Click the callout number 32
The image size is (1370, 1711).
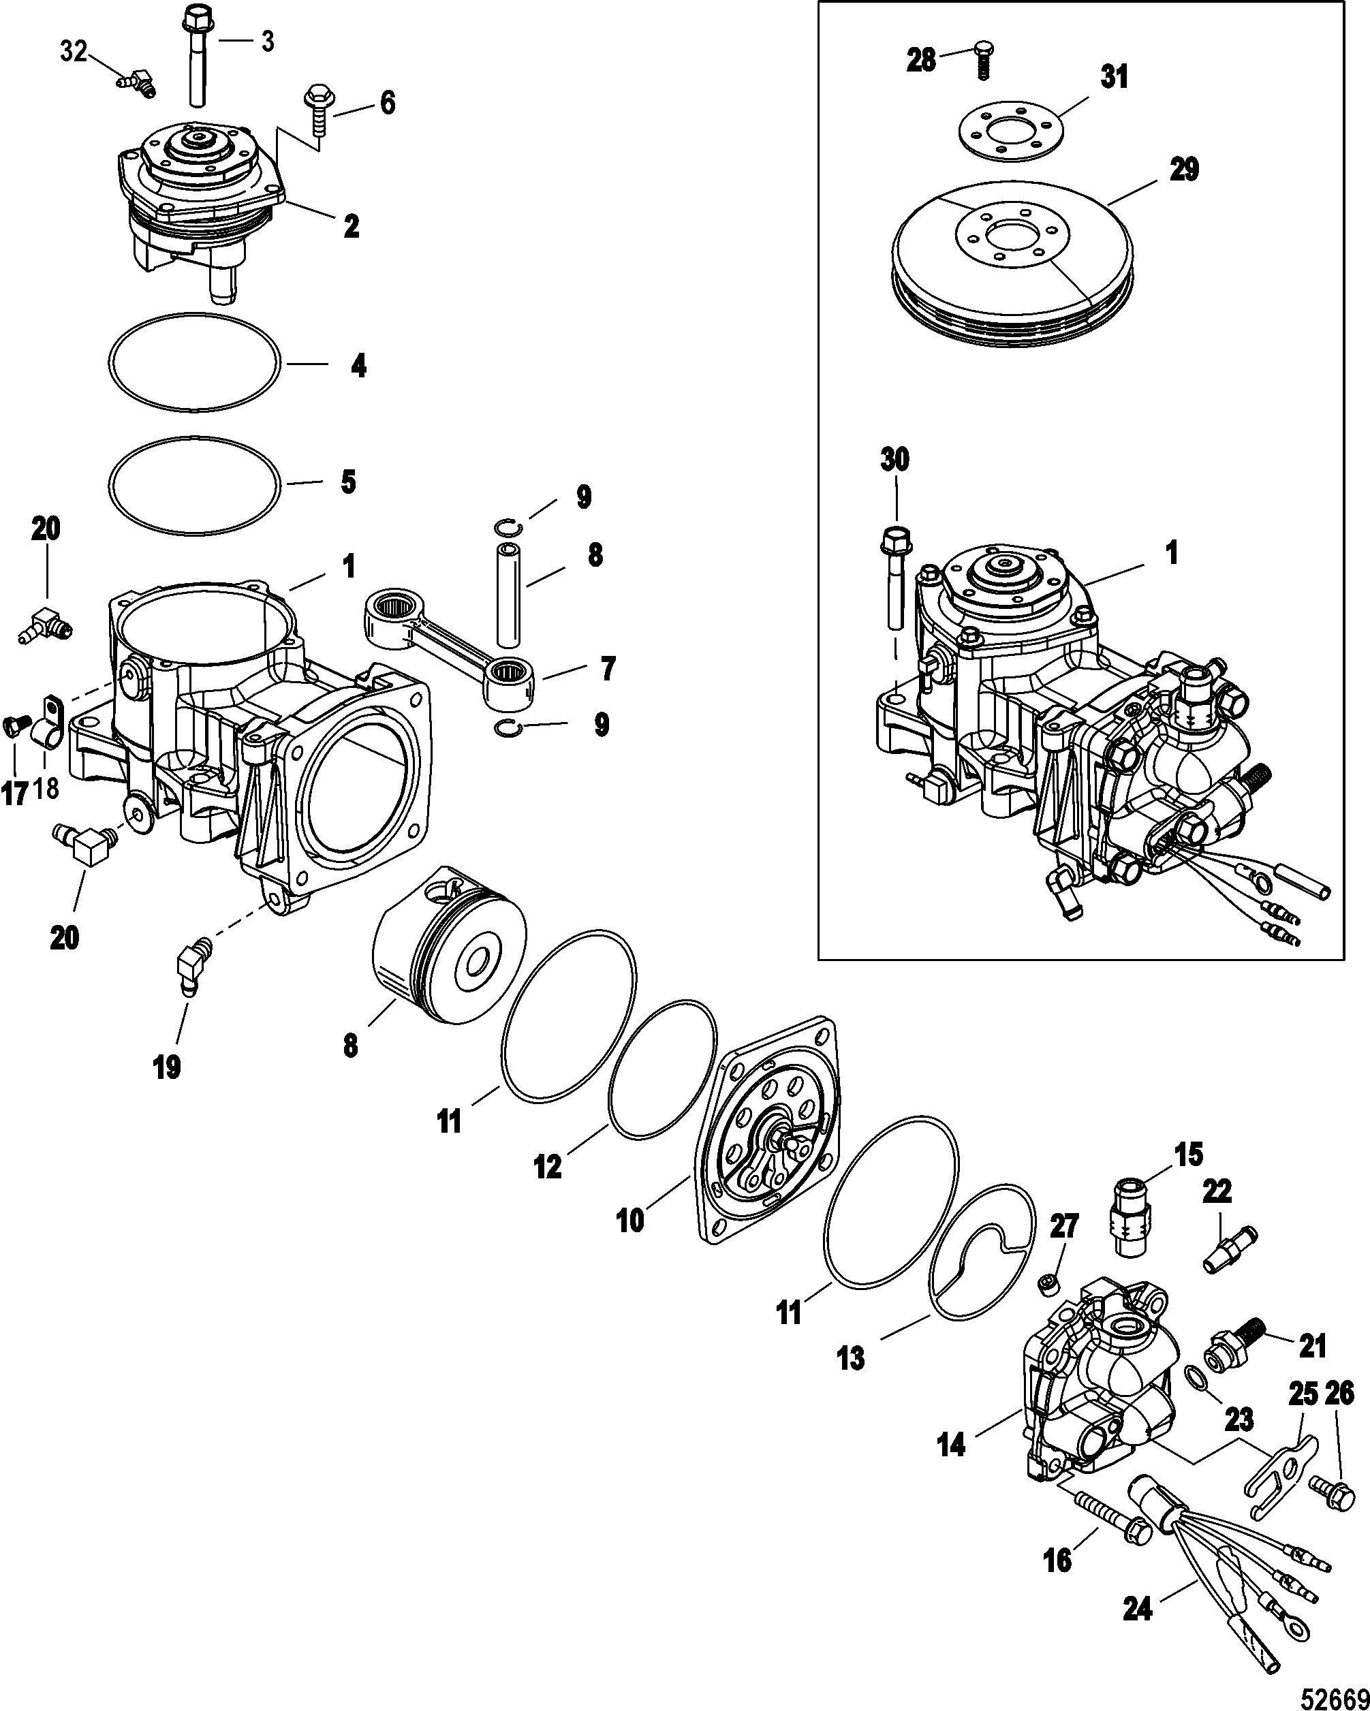[73, 52]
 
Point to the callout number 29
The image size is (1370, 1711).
[1183, 169]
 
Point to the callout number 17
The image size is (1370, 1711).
[15, 793]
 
